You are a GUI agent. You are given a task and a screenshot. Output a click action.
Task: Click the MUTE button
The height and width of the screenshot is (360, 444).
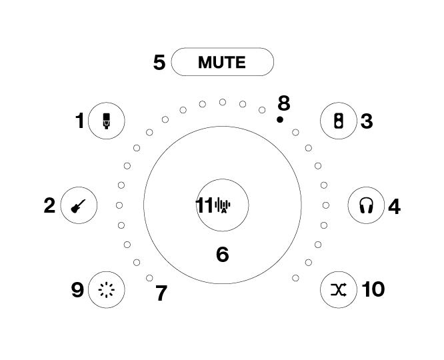click(x=223, y=62)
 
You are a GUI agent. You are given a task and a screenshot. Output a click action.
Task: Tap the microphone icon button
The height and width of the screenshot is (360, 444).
click(x=107, y=121)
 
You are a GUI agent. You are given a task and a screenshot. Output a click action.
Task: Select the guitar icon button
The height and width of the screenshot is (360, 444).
click(x=79, y=205)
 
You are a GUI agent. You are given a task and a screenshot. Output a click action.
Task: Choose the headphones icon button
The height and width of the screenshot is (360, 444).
click(x=367, y=205)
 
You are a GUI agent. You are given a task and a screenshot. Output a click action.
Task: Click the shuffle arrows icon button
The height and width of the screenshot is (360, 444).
click(x=339, y=289)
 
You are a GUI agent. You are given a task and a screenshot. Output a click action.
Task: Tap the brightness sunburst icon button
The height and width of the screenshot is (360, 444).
click(x=107, y=289)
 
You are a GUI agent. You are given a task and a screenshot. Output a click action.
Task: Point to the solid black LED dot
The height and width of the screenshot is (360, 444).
click(x=280, y=119)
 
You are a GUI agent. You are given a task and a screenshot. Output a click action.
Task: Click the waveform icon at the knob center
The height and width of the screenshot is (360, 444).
click(x=223, y=205)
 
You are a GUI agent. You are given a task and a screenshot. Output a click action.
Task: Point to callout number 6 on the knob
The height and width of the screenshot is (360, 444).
click(x=223, y=255)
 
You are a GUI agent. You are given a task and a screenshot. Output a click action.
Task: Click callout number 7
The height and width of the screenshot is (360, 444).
click(x=161, y=293)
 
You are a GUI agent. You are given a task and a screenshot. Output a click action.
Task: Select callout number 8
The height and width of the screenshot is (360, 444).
click(x=284, y=103)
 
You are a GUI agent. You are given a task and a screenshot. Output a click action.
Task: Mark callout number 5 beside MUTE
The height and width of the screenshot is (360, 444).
click(x=159, y=62)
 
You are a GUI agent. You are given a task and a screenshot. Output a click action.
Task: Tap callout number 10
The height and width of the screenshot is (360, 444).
click(x=373, y=289)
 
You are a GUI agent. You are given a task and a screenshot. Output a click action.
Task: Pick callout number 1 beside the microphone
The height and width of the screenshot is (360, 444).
click(x=80, y=121)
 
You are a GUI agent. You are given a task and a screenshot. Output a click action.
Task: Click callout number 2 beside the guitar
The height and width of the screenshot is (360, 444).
click(x=49, y=205)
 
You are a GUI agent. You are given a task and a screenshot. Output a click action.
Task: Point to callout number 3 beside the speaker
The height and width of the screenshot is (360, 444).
click(x=367, y=121)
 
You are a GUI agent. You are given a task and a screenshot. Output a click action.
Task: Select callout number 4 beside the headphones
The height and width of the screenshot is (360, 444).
click(x=394, y=206)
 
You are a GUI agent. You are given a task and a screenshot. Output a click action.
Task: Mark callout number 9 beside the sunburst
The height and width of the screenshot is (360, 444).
click(x=77, y=290)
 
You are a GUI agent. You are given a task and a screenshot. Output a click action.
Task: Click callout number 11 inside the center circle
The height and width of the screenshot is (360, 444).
click(x=204, y=205)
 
